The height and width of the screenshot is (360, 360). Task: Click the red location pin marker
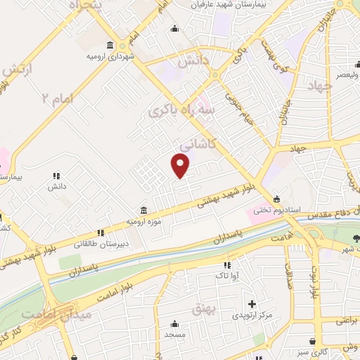point(181,165)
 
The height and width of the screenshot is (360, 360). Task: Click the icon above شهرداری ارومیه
point(110,45)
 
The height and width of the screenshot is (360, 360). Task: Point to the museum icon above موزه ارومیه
point(143,210)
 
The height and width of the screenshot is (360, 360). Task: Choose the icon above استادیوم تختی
point(276,198)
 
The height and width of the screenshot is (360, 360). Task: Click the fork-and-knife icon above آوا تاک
point(226,265)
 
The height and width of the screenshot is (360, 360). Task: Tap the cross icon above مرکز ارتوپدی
point(252,304)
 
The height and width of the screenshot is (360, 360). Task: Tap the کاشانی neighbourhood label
point(197,143)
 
